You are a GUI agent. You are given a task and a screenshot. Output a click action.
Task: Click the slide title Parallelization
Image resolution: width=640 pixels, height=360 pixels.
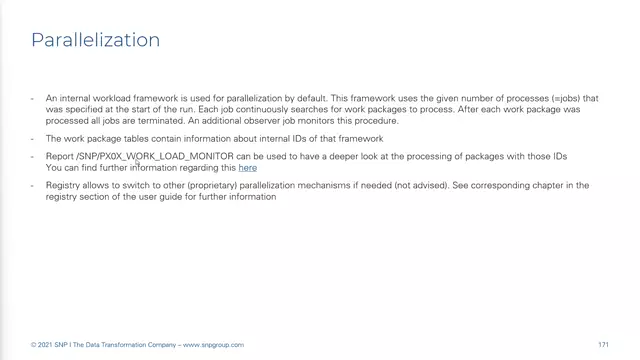pyautogui.click(x=95, y=40)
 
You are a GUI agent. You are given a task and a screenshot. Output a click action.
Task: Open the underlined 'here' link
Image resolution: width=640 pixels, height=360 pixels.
pyautogui.click(x=247, y=168)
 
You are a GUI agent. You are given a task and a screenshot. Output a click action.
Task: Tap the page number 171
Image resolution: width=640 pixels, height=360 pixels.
pyautogui.click(x=603, y=345)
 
